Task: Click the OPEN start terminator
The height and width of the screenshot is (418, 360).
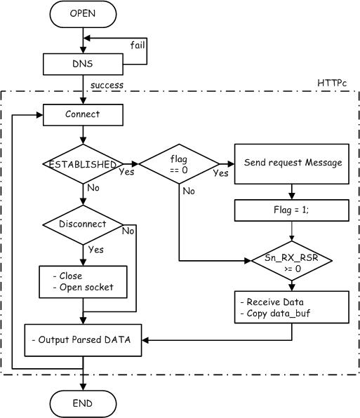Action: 84,14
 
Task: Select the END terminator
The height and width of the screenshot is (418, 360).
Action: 84,403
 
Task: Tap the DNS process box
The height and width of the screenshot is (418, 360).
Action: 84,65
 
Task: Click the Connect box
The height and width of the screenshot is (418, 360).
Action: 84,115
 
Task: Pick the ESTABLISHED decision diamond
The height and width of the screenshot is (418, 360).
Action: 84,164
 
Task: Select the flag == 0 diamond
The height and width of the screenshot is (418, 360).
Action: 179,164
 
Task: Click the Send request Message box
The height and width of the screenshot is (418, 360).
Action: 292,164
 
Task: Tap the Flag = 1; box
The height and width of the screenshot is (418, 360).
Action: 292,210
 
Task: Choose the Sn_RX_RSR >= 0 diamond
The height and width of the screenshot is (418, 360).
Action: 292,261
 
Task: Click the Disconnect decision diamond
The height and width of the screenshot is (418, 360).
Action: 84,224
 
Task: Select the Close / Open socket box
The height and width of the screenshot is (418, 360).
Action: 84,282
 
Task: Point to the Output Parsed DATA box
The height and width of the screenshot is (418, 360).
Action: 84,340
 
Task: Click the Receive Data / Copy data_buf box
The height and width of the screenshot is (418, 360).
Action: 292,307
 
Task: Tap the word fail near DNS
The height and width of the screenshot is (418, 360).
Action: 138,45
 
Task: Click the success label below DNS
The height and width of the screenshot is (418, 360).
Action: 107,85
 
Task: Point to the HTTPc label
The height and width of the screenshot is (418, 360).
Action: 332,83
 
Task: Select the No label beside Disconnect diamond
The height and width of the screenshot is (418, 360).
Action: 128,231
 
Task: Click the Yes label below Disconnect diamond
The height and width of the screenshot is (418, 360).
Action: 96,250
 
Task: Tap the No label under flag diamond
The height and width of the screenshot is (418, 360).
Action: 189,191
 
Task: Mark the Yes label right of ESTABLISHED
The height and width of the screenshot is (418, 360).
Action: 126,172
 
